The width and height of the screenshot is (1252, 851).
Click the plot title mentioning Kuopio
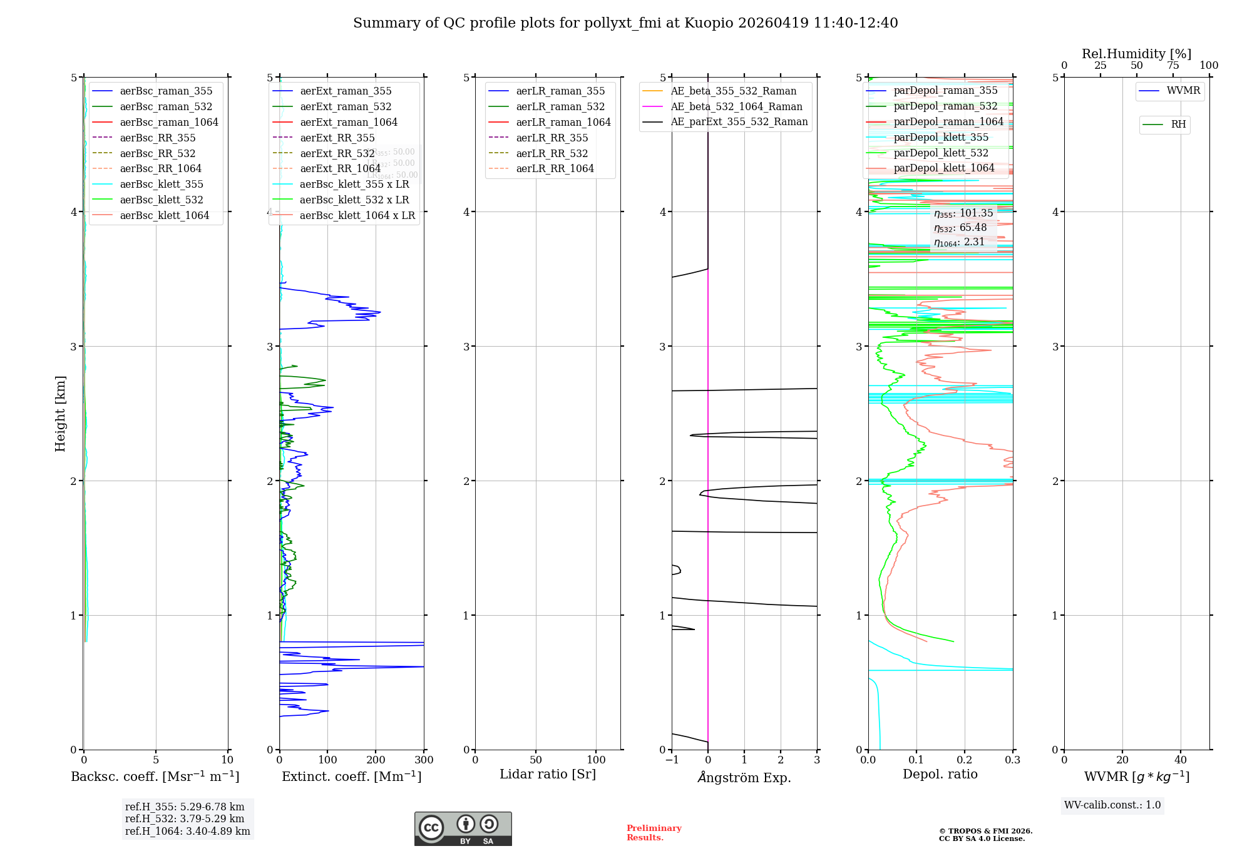(625, 23)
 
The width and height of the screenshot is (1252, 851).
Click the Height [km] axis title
(60, 414)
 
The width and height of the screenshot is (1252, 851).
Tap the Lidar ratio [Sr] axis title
(548, 775)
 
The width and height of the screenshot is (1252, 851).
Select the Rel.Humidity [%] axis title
(1136, 54)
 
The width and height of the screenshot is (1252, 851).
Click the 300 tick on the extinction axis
(424, 760)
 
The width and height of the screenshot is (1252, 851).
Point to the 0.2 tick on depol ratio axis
(965, 760)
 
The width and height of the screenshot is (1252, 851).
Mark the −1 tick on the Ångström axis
(672, 760)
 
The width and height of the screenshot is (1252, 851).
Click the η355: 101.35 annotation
(963, 213)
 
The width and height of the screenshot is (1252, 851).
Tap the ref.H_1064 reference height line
(187, 832)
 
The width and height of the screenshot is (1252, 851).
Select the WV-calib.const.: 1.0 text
(1112, 805)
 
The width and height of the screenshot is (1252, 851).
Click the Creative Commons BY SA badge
(463, 829)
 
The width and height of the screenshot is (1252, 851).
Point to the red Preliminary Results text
(654, 833)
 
